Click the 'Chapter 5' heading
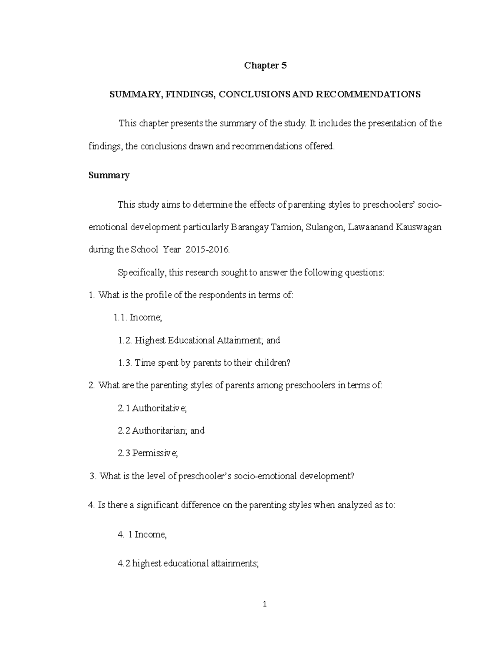265,66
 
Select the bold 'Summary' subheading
109,175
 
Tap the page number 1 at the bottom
265,604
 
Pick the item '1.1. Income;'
137,318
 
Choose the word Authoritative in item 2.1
159,408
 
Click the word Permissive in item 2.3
155,453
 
